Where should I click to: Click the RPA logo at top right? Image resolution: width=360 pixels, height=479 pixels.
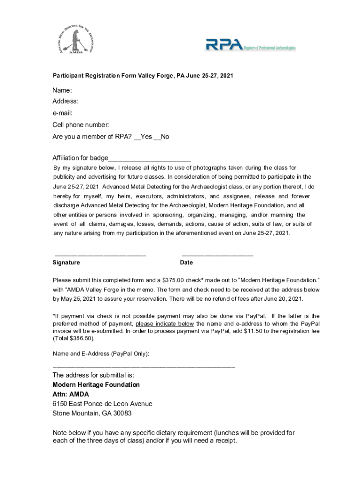pyautogui.click(x=251, y=45)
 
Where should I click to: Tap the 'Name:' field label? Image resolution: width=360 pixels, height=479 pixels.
pyautogui.click(x=62, y=90)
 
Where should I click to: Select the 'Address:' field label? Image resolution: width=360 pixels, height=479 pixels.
pyautogui.click(x=65, y=102)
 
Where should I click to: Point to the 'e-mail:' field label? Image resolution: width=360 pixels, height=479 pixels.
pyautogui.click(x=63, y=113)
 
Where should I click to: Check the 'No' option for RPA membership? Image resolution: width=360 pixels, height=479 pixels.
pyautogui.click(x=162, y=137)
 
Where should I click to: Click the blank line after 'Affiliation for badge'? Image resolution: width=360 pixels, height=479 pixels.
pyautogui.click(x=150, y=159)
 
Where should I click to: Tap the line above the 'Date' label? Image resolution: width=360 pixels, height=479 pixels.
pyautogui.click(x=216, y=255)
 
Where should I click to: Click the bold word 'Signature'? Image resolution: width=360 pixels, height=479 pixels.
pyautogui.click(x=66, y=263)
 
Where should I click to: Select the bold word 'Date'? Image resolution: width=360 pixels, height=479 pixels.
pyautogui.click(x=186, y=263)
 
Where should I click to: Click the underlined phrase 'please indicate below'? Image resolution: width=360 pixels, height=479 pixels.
pyautogui.click(x=165, y=324)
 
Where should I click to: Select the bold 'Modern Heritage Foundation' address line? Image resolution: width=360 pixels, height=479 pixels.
pyautogui.click(x=96, y=385)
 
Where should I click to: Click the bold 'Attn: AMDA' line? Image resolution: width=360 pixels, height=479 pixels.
pyautogui.click(x=71, y=394)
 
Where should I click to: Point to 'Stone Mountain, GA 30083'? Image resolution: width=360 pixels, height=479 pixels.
pyautogui.click(x=92, y=414)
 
